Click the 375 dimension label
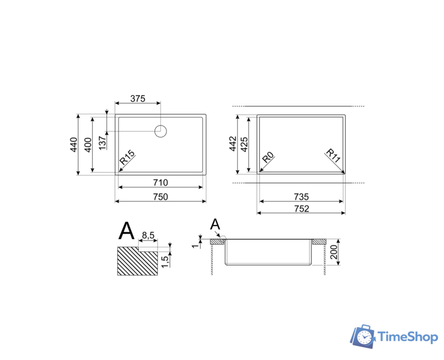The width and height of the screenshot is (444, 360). point(138,98)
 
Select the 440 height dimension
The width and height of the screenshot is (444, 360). point(74,145)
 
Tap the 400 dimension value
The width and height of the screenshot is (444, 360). point(88,145)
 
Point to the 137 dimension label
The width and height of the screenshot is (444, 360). point(102,143)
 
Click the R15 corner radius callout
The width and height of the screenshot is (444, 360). point(127,157)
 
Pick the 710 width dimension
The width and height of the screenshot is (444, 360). point(161,183)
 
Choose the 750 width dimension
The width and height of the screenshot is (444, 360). point(161,197)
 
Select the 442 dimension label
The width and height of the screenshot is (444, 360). point(233,143)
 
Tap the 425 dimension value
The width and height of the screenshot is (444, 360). point(244,145)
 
